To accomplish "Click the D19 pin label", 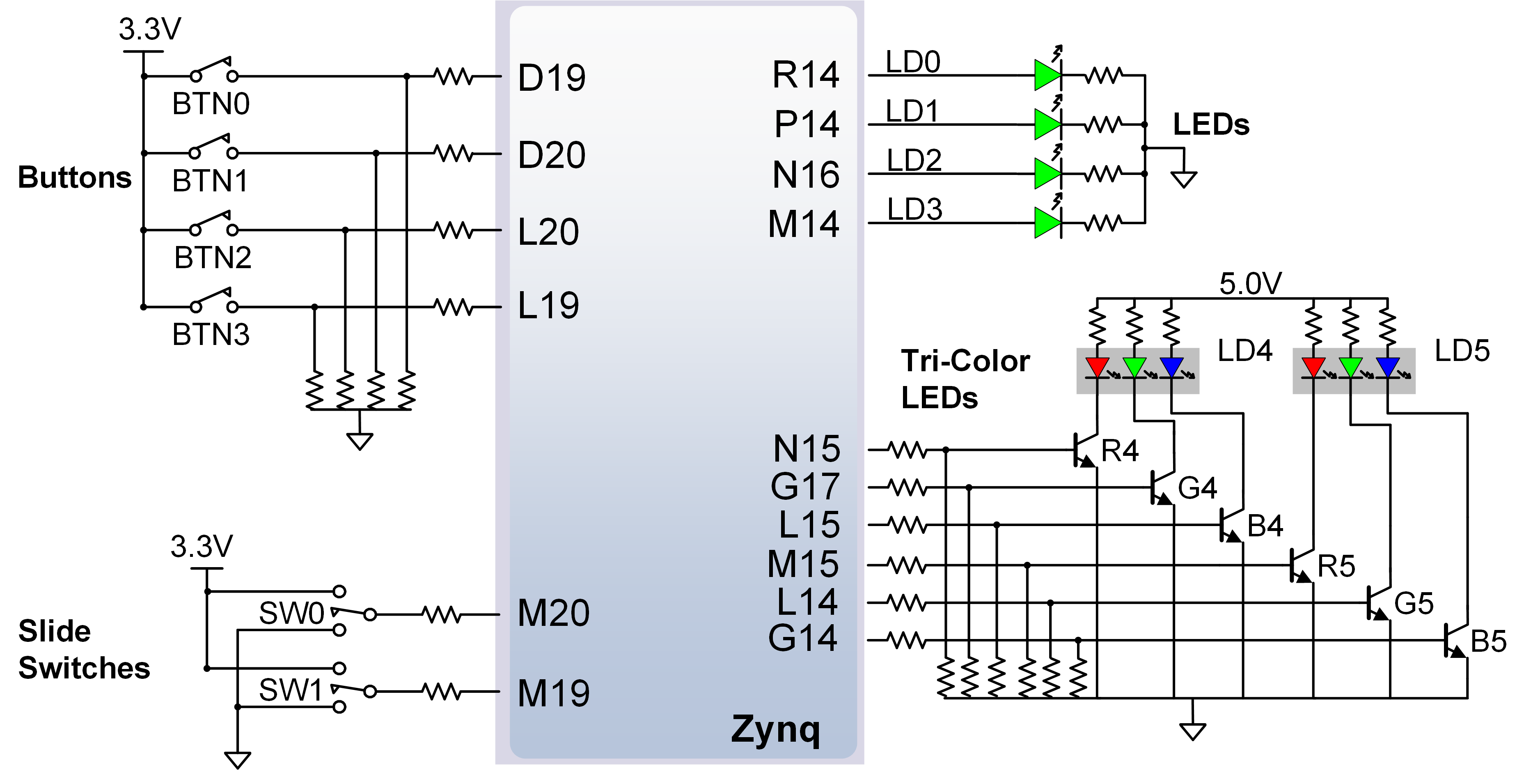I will (x=551, y=78).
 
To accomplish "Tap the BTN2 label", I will (x=212, y=258).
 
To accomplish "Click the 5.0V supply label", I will (x=1250, y=284).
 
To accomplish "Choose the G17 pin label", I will (x=804, y=487).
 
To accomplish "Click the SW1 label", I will (x=291, y=690).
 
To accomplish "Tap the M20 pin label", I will (x=553, y=613).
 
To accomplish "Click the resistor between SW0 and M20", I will (x=442, y=614).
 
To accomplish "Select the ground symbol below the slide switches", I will (x=237, y=758).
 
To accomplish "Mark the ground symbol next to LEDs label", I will (x=1184, y=178).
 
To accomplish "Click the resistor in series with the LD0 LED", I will (x=1104, y=75).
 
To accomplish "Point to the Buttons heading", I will (x=75, y=177).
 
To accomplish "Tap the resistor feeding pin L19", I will (x=454, y=307).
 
